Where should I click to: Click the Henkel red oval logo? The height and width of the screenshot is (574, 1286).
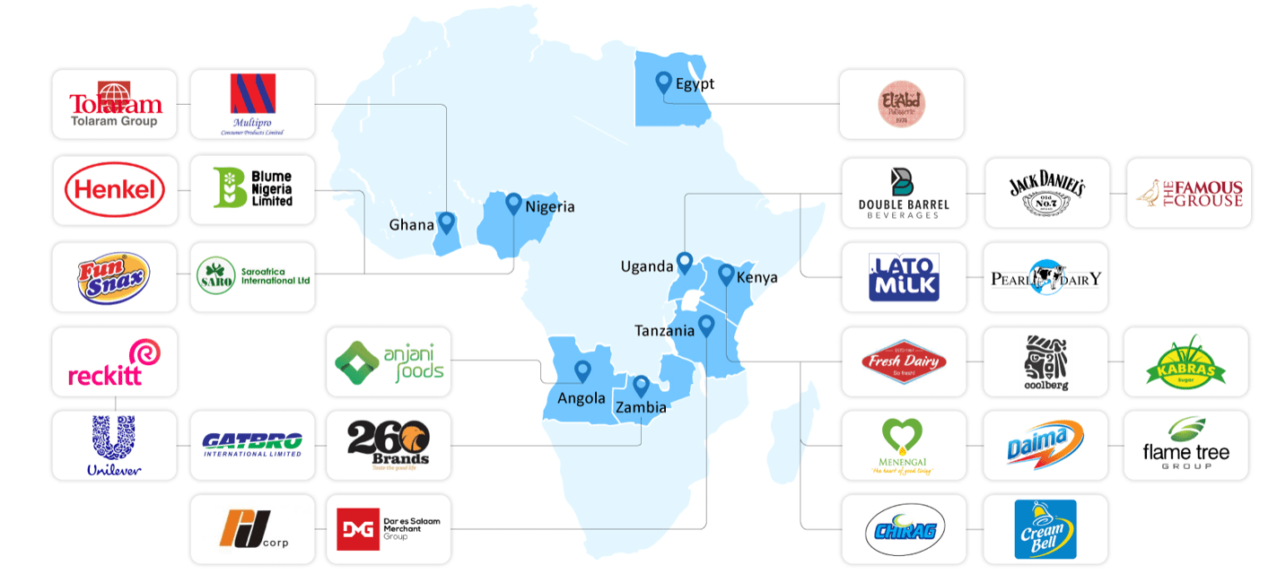pos(115,190)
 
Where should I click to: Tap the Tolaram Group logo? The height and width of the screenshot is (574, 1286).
pos(115,104)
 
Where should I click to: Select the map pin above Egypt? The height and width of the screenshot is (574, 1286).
pos(663,83)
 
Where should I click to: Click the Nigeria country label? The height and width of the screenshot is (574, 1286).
pos(549,207)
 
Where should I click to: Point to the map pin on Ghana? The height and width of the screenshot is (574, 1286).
pos(446,222)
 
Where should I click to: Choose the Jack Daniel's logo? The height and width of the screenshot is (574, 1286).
pos(1046,192)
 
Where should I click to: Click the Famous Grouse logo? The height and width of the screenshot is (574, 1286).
pos(1188,193)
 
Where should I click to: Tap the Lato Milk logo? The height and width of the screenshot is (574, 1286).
pos(904,277)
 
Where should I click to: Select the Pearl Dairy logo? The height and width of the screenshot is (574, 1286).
pos(1045,277)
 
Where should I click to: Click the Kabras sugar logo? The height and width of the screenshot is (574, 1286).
pos(1185,361)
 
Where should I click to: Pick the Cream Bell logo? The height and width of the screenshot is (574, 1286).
pos(1045,529)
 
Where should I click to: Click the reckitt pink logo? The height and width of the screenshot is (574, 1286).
pos(115,362)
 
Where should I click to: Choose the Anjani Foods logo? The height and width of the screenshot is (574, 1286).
pos(389,361)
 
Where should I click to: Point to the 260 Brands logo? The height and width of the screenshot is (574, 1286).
pos(389,445)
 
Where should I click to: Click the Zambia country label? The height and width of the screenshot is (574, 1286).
pos(641,407)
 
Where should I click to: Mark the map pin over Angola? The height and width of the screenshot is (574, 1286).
pos(582,370)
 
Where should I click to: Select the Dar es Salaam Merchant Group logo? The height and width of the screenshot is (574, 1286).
pos(389,529)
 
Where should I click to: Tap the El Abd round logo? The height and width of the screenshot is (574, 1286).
pos(901,104)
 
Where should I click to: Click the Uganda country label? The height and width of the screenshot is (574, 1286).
pos(646,266)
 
